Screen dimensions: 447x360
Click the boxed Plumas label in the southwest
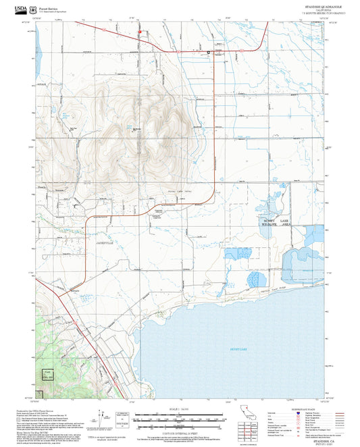point(47,373)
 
